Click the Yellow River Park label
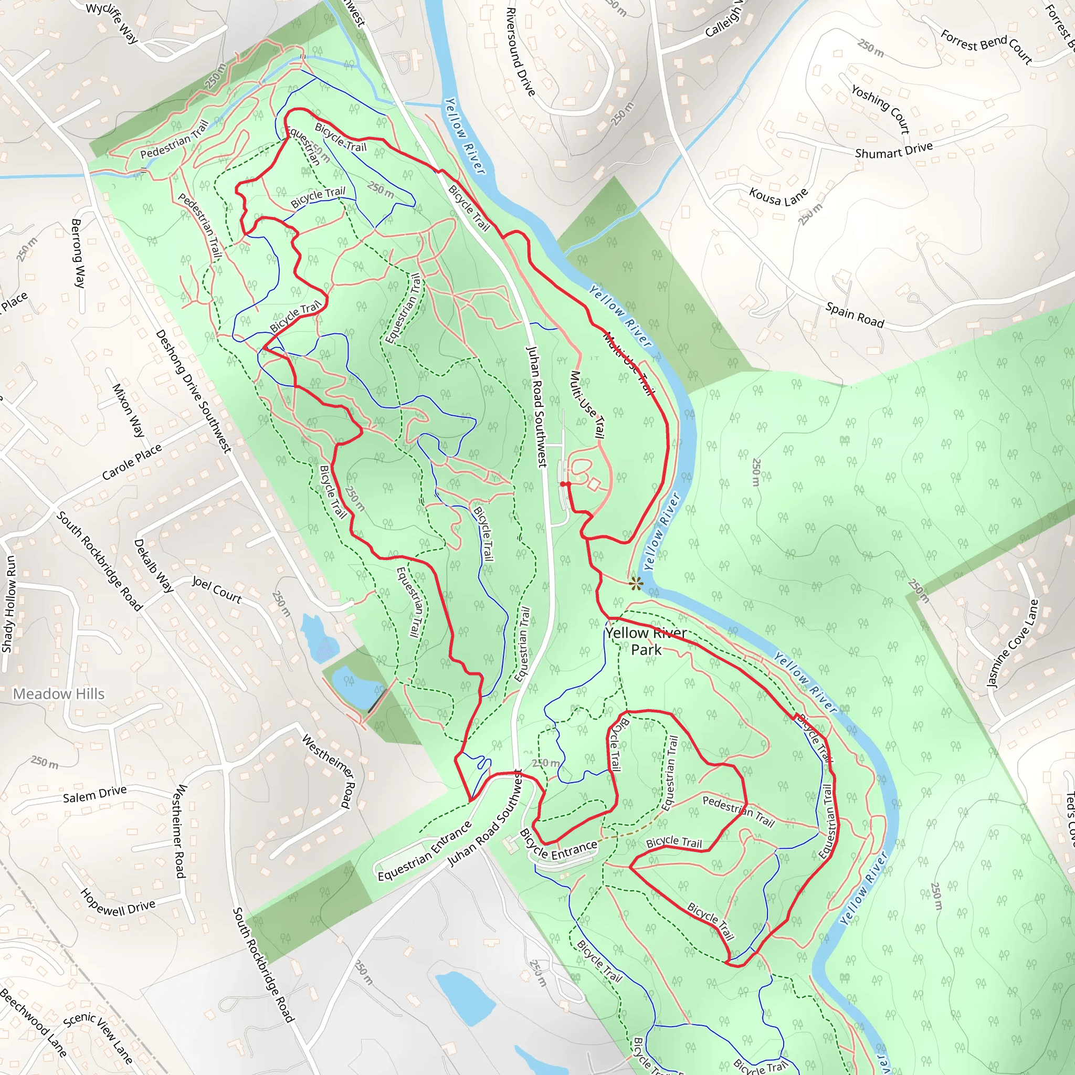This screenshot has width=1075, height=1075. pyautogui.click(x=646, y=641)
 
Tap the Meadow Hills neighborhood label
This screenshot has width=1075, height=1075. pyautogui.click(x=58, y=694)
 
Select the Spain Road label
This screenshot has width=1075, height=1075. pyautogui.click(x=855, y=314)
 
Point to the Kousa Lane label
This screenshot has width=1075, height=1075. pyautogui.click(x=778, y=196)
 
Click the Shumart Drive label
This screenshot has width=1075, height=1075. pyautogui.click(x=893, y=150)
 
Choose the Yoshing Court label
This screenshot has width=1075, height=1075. pyautogui.click(x=881, y=109)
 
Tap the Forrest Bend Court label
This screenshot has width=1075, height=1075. pyautogui.click(x=986, y=47)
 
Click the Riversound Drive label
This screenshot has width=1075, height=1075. pyautogui.click(x=520, y=52)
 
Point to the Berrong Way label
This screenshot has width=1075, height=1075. pyautogui.click(x=78, y=253)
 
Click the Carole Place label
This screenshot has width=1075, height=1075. pyautogui.click(x=132, y=461)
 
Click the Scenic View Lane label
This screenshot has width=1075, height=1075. pyautogui.click(x=98, y=1036)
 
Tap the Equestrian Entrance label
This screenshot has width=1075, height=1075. pyautogui.click(x=425, y=851)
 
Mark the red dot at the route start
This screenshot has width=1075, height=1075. pyautogui.click(x=564, y=484)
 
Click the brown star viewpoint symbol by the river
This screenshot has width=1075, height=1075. pyautogui.click(x=636, y=584)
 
